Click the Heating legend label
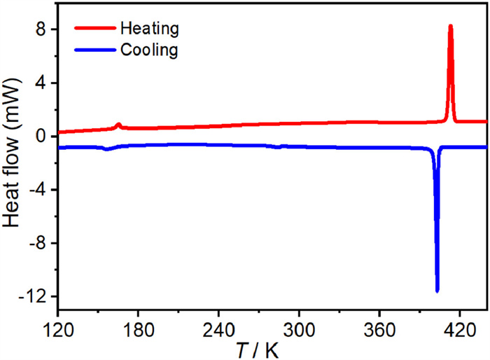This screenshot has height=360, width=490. click(x=150, y=29)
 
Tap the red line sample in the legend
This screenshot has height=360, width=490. click(x=94, y=29)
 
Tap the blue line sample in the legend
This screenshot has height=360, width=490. click(x=94, y=50)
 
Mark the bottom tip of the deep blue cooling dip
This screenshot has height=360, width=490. click(x=437, y=291)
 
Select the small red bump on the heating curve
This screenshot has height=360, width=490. click(x=118, y=125)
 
